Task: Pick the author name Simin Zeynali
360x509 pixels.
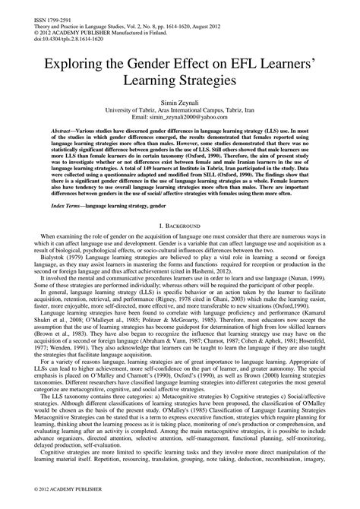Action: pyautogui.click(x=179, y=101)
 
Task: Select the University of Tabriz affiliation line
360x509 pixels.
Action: pyautogui.click(x=179, y=109)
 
